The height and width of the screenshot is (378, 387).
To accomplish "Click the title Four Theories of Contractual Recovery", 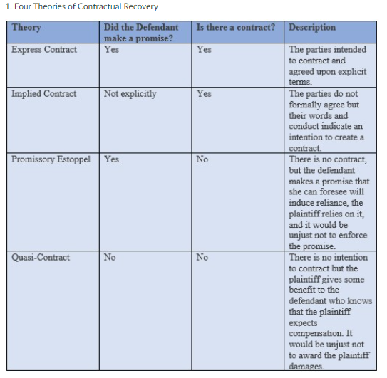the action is [81, 7].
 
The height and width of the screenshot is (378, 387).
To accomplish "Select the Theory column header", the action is [26, 28].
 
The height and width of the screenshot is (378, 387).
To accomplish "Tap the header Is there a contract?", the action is [235, 28].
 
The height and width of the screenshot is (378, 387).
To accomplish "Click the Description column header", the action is [312, 28].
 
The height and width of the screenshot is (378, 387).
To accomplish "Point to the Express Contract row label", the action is [44, 50].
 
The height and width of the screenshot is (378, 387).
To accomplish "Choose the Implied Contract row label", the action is [43, 93].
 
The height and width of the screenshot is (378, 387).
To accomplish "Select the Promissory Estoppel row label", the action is [51, 159].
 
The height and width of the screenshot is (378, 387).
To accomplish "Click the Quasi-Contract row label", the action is [41, 257].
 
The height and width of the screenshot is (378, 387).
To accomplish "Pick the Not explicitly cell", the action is [130, 93].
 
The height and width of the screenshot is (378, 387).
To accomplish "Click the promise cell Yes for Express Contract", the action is [111, 50].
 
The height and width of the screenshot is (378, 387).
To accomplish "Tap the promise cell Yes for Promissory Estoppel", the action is [111, 159].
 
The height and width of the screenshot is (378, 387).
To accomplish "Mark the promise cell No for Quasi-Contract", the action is [110, 257].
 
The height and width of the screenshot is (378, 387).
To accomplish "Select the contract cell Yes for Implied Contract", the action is [204, 93].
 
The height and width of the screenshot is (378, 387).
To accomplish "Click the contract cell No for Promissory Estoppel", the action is [202, 159].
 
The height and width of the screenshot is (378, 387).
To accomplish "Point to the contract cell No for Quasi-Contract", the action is [202, 257].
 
